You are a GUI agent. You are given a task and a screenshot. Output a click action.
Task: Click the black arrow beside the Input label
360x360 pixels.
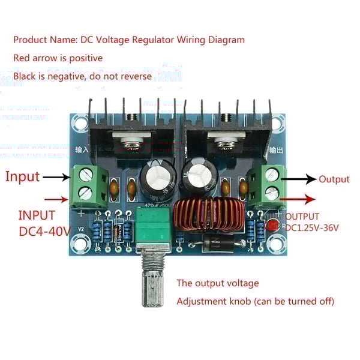(x=58, y=177)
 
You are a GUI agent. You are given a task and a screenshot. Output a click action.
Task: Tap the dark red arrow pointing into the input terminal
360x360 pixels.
(x=58, y=199)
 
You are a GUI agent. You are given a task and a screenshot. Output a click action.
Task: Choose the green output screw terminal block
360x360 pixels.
(x=268, y=184)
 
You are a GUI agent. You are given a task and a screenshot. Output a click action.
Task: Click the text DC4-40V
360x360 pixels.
(x=44, y=230)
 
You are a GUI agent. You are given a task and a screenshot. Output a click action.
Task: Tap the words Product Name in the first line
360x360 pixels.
(x=40, y=40)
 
